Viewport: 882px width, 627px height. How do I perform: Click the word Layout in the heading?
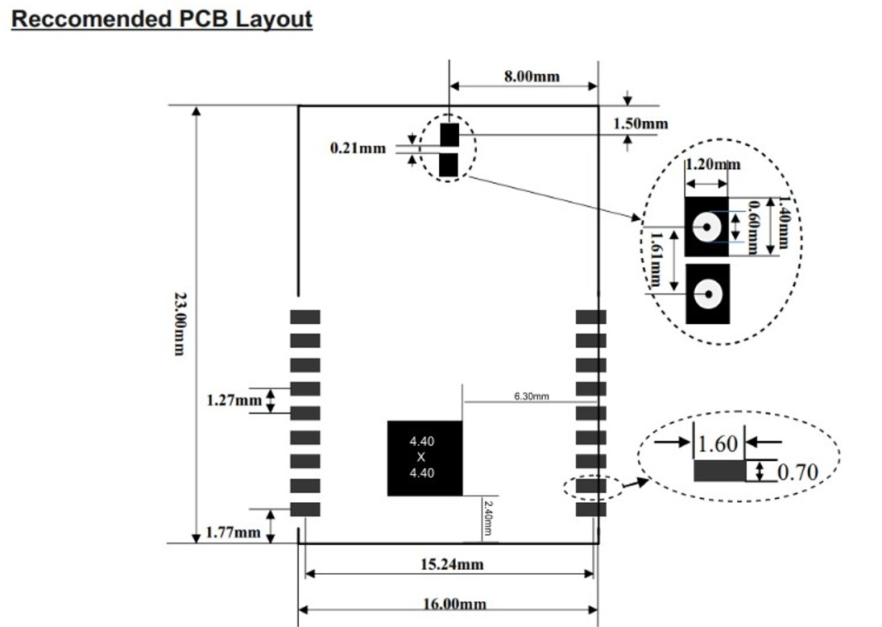(x=273, y=19)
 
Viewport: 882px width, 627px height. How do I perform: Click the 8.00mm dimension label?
(x=532, y=76)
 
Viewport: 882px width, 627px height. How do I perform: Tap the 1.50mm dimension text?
(x=640, y=124)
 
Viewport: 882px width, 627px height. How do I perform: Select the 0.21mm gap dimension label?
(x=358, y=148)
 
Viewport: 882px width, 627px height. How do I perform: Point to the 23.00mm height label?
(x=180, y=324)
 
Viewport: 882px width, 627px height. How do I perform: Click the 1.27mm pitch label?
(x=234, y=401)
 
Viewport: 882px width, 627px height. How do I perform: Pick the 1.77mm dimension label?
(x=233, y=532)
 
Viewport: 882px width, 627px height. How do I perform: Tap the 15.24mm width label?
(x=452, y=564)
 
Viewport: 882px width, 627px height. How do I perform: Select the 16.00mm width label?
(x=454, y=604)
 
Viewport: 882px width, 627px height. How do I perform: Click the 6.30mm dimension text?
(x=532, y=397)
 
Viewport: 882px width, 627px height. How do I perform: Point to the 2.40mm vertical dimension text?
(x=487, y=518)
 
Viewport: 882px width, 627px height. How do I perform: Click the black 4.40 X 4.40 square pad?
(x=424, y=458)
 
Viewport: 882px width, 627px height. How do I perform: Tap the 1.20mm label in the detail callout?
(x=713, y=164)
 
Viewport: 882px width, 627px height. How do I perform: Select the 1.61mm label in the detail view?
(x=656, y=259)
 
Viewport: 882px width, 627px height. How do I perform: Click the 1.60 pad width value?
(x=717, y=443)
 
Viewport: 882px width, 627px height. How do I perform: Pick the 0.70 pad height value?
(x=797, y=471)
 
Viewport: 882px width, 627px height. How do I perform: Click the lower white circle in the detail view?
(x=708, y=294)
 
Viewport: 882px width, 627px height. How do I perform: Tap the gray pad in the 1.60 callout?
(x=719, y=471)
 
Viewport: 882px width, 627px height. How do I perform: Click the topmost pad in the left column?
(x=305, y=317)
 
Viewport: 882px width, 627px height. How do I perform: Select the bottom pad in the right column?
(x=590, y=509)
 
